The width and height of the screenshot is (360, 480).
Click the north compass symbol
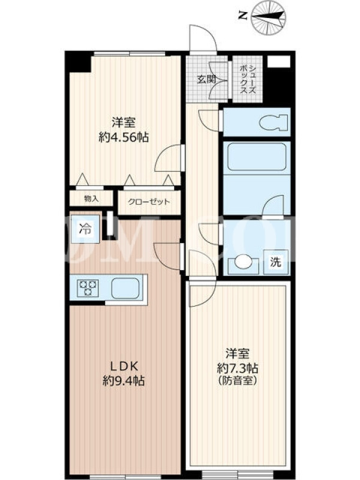coord(268,17)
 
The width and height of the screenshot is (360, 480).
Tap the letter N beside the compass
coord(243,16)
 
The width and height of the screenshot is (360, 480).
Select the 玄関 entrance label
coord(206,80)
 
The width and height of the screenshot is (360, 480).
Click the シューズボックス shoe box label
coord(248,79)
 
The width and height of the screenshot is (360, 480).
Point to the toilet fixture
coord(274,123)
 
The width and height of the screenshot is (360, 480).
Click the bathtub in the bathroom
coord(257,158)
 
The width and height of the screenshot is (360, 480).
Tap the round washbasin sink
coord(243,262)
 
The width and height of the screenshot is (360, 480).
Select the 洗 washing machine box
coord(276,262)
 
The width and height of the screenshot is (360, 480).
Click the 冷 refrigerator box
coord(85,229)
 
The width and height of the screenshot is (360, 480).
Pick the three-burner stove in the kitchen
coord(88,288)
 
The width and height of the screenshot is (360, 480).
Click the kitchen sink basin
coord(125,288)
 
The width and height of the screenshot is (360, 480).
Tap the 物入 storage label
coord(92,199)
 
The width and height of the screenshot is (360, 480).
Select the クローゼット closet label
coord(149,202)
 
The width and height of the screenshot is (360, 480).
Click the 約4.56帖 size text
coord(124,138)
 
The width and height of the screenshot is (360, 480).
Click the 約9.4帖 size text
coord(124,381)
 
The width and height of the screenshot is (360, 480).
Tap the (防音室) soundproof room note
coord(237,381)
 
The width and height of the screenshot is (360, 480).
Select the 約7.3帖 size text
coord(238,367)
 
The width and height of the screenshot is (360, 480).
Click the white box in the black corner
coord(278,62)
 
